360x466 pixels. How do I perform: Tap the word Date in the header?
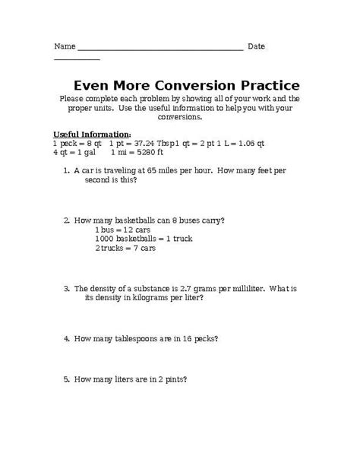256,46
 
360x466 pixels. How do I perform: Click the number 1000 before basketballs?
105,238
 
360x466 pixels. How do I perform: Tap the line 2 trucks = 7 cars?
125,248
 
